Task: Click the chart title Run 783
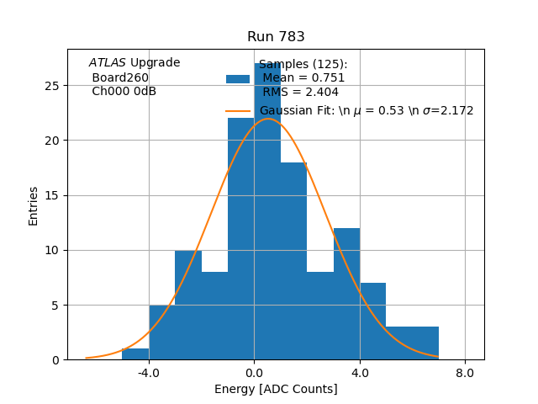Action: coord(276,37)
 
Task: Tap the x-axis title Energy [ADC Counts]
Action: coord(276,389)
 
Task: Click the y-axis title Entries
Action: coord(34,205)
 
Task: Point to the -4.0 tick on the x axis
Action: coord(149,371)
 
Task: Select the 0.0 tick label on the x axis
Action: coord(254,371)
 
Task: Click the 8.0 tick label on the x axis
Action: coord(465,371)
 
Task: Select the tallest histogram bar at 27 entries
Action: coord(267,210)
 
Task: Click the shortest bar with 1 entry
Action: coord(135,354)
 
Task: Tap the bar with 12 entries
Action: coord(346,294)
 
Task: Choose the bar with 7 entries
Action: coord(372,322)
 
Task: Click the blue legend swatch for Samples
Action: coord(238,78)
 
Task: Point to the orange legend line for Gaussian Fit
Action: coord(238,111)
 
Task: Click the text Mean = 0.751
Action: coord(303,78)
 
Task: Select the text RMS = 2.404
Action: coord(300,92)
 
